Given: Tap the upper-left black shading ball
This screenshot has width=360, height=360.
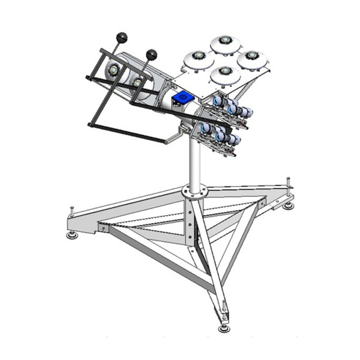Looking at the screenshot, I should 122,37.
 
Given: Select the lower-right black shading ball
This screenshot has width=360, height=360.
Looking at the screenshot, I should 152,54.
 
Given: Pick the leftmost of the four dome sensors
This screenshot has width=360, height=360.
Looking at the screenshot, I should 198,58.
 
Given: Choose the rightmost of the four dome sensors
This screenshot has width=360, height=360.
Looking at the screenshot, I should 252,59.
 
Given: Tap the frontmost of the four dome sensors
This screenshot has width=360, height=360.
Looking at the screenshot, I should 225,75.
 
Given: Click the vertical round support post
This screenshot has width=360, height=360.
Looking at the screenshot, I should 194,162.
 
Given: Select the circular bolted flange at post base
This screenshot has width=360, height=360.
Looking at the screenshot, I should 194,192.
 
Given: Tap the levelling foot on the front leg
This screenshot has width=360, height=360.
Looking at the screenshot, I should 224,328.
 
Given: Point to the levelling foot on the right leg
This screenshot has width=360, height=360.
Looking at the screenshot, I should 288,206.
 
